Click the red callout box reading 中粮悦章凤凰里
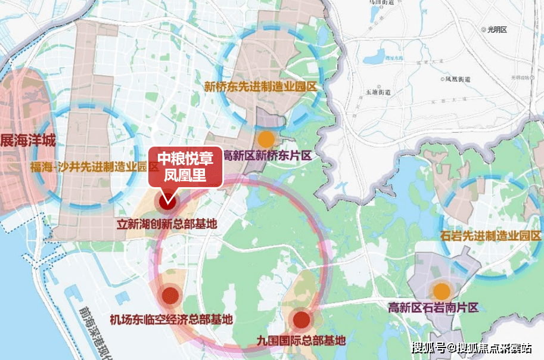[185, 166]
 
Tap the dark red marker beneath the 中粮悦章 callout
[166, 201]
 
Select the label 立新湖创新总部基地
[166, 225]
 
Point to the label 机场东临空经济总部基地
[171, 319]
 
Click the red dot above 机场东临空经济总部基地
[170, 295]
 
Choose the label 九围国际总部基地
[301, 342]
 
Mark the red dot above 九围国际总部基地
[301, 320]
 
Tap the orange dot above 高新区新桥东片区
[266, 139]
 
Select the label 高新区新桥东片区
[267, 156]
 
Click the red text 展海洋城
[27, 141]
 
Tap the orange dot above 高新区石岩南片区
[442, 291]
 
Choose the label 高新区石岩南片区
[433, 308]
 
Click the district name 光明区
[496, 29]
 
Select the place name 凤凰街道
[458, 79]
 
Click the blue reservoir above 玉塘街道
[377, 58]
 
